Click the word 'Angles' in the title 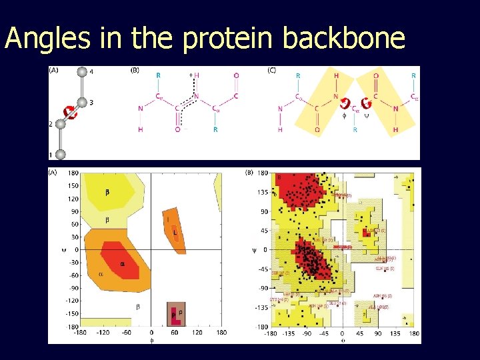tap(47, 39)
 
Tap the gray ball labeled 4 tap(82, 73)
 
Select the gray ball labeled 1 tap(61, 155)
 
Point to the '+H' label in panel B tap(195, 76)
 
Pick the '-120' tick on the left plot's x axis tap(103, 332)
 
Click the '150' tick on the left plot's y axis tap(73, 187)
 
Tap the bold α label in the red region tap(122, 264)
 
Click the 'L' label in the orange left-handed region tap(175, 233)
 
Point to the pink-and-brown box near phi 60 tap(176, 313)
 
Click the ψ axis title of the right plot tap(253, 250)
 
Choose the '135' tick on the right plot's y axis tap(263, 192)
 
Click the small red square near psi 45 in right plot tap(365, 233)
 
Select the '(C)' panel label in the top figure tap(272, 70)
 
